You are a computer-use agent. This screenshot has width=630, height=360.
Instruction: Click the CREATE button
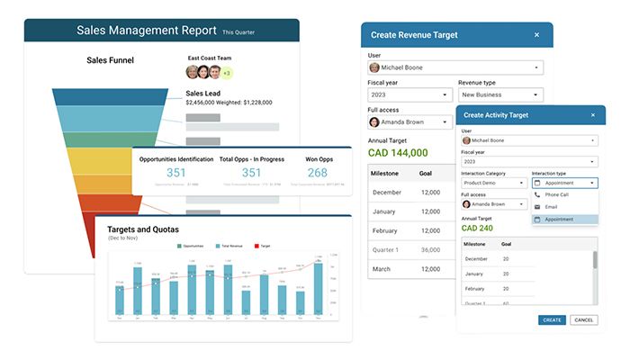[552, 319]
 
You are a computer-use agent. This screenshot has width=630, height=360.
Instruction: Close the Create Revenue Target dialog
[536, 35]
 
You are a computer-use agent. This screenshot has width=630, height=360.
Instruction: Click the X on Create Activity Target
[592, 114]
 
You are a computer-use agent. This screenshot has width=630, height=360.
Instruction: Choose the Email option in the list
[551, 206]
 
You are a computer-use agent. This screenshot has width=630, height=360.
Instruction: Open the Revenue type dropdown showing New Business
[500, 94]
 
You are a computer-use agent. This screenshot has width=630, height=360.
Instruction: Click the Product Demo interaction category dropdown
[493, 182]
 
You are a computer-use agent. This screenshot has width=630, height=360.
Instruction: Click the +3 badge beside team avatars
[226, 73]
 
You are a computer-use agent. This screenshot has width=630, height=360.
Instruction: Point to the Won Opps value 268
[317, 173]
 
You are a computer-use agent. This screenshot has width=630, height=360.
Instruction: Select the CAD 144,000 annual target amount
[398, 153]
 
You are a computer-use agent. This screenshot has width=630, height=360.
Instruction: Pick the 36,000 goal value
[430, 249]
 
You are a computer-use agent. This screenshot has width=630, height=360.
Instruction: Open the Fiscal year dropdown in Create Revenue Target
[409, 94]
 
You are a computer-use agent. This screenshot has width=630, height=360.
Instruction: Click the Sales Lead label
[203, 92]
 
